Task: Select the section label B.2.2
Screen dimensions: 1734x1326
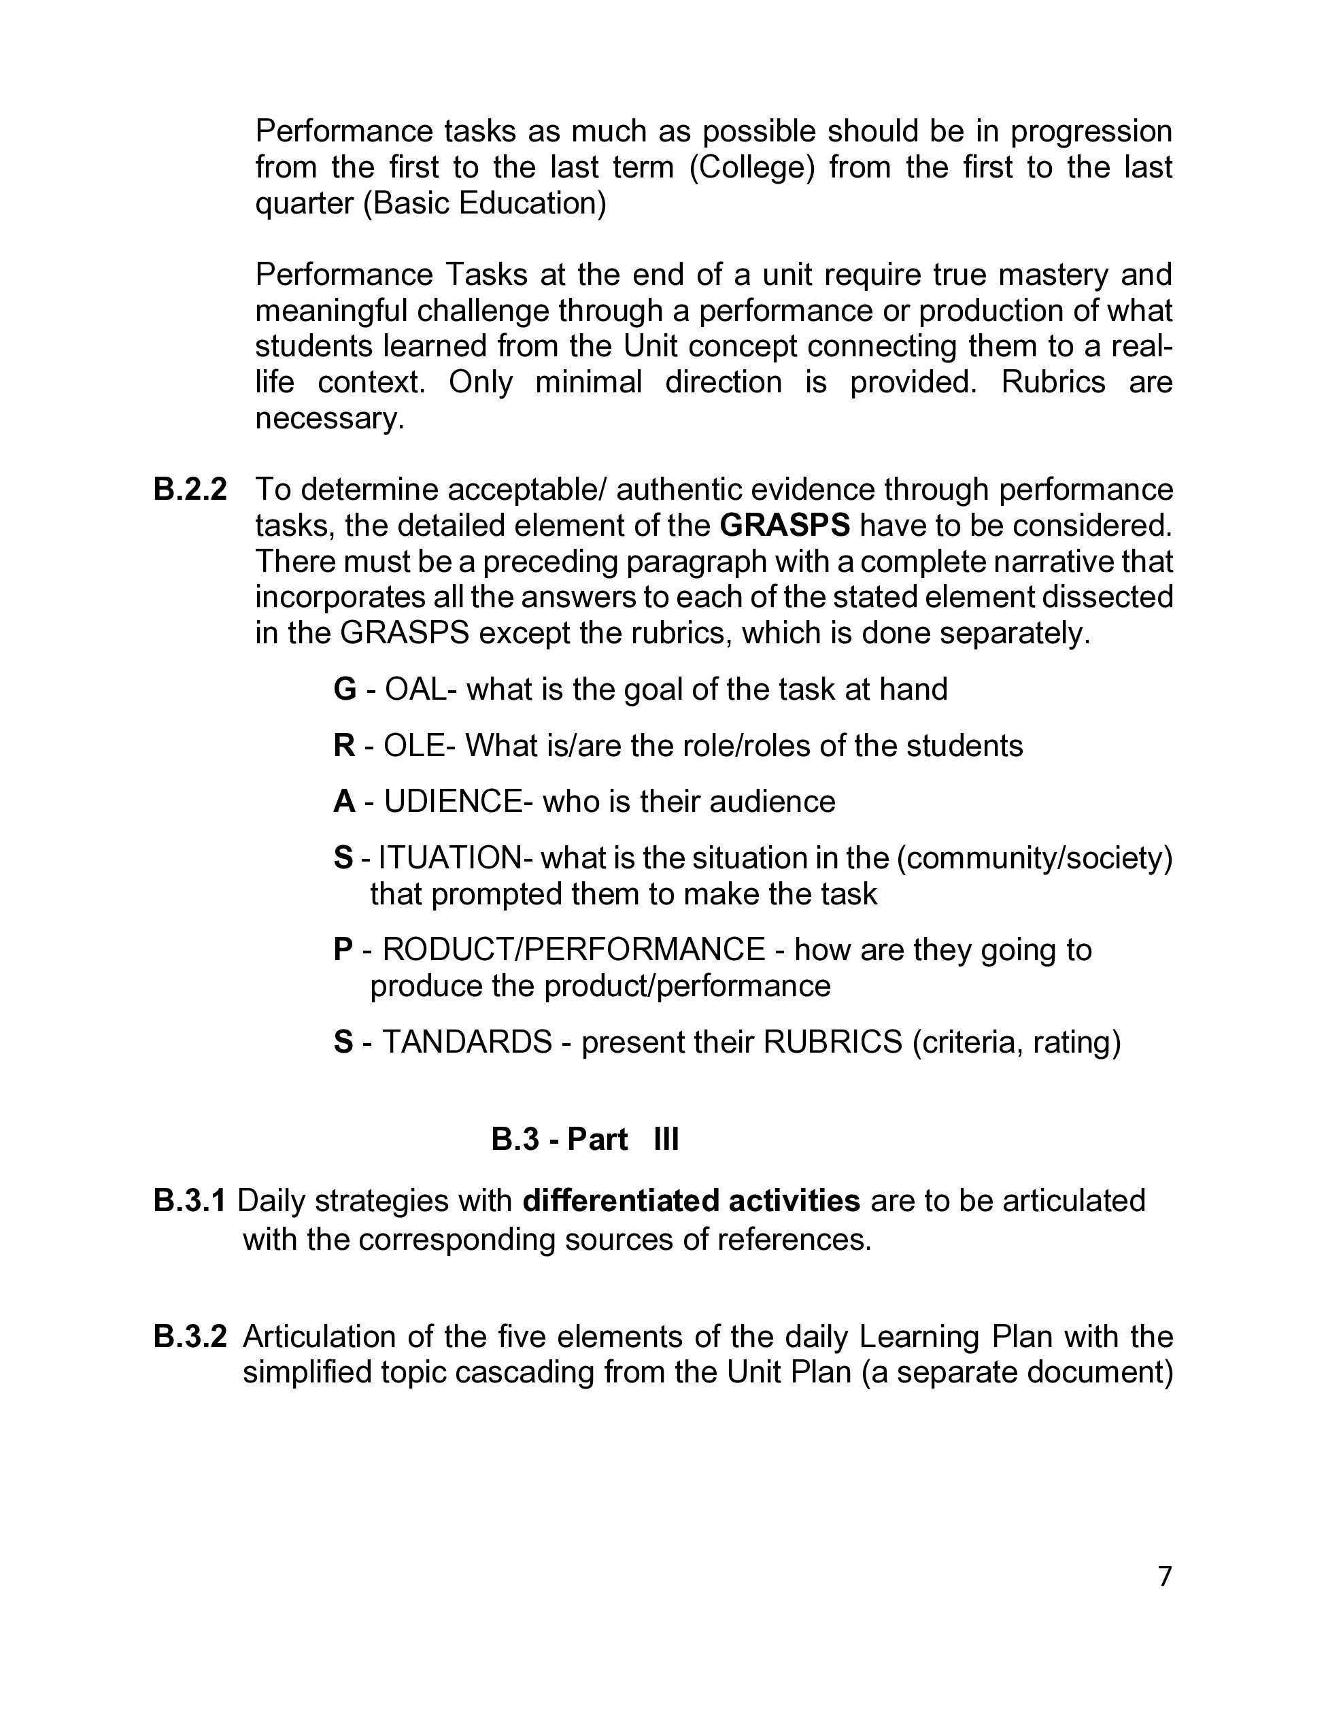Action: (x=190, y=490)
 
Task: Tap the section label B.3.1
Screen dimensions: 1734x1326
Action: (x=190, y=1200)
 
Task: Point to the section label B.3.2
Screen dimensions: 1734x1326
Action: (x=190, y=1336)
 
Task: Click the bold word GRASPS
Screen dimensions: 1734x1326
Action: (x=785, y=525)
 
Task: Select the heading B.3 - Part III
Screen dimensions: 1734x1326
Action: (x=585, y=1139)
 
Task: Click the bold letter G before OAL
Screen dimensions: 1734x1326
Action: (x=345, y=689)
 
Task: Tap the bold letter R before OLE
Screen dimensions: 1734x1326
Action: (x=344, y=745)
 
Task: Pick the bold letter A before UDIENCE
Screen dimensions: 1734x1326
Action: (x=344, y=801)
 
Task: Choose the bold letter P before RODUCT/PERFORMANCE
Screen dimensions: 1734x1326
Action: (x=343, y=949)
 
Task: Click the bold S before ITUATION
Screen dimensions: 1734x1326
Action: (x=343, y=858)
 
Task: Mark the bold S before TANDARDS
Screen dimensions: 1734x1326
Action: (x=343, y=1042)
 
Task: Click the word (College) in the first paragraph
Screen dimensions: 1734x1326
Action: (x=751, y=167)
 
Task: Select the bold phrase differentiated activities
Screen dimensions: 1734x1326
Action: (x=691, y=1200)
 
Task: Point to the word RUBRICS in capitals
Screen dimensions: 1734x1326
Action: (x=833, y=1042)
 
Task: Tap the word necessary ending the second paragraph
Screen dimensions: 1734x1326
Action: (x=329, y=418)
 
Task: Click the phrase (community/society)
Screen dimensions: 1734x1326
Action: (x=1035, y=858)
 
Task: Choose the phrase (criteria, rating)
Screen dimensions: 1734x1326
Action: (x=1017, y=1042)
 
